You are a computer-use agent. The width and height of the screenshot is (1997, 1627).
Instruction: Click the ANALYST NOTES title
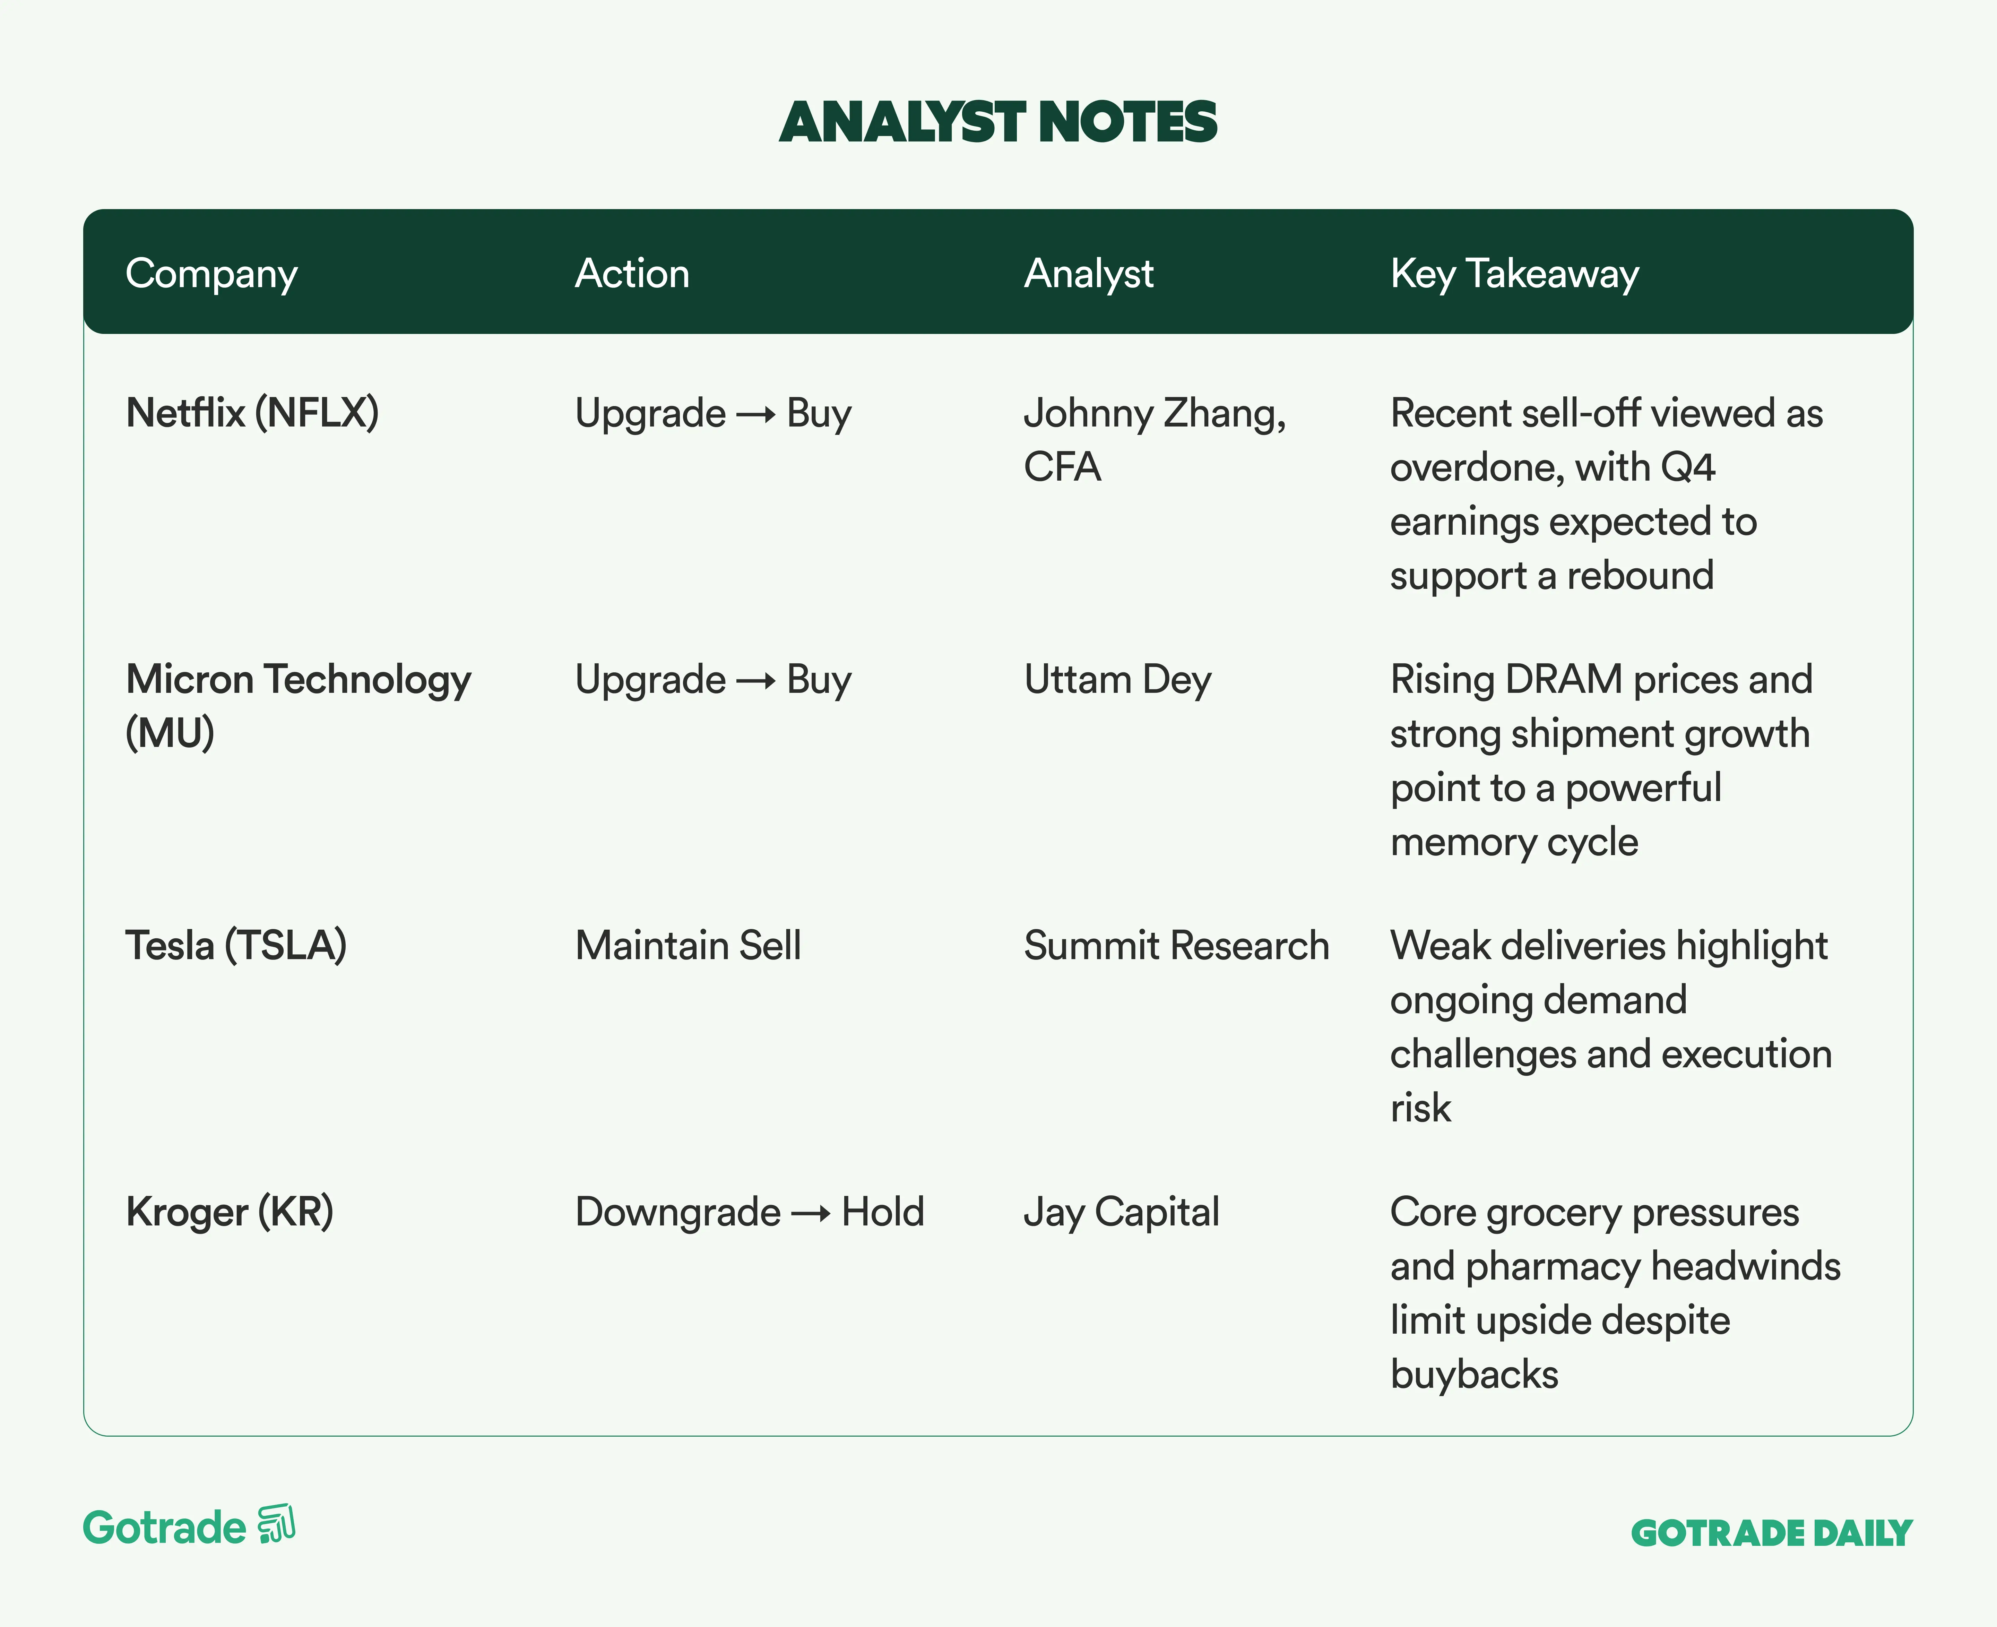998,123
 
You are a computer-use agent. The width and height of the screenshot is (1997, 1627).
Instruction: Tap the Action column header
632,274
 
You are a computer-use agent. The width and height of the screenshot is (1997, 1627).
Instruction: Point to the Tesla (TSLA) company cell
236,946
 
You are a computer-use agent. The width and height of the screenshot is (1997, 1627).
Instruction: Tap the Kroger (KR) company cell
230,1212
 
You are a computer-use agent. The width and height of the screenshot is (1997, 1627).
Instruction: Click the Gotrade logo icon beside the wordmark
276,1524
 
